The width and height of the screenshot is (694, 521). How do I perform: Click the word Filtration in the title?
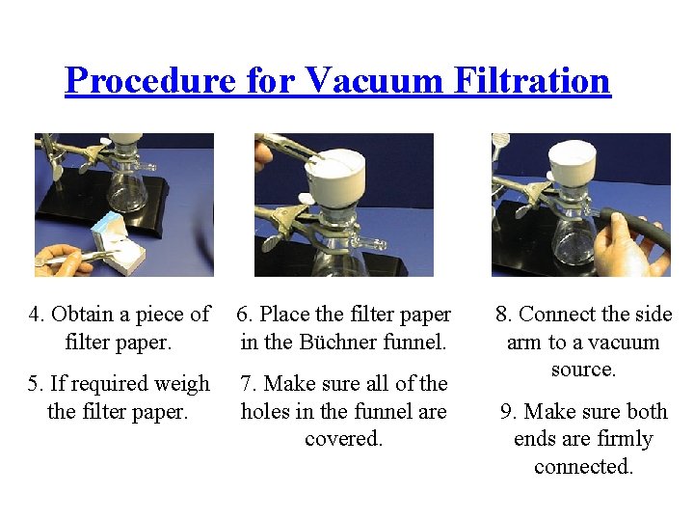click(532, 80)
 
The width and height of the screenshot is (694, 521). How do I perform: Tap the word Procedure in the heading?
click(150, 80)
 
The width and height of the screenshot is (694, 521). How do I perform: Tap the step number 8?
click(503, 315)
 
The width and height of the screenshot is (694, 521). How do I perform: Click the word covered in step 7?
click(343, 439)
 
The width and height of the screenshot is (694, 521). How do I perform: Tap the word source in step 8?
click(583, 370)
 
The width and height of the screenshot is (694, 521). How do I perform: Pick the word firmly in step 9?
click(625, 440)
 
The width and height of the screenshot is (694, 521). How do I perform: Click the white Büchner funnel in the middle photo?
click(335, 178)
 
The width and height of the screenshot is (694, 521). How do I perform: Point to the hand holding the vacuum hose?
click(630, 247)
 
